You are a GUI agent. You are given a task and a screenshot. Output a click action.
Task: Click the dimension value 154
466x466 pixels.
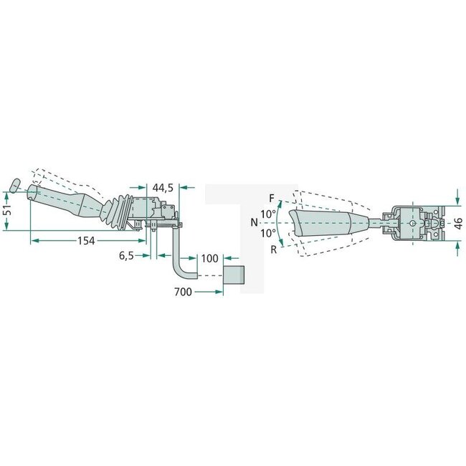click(x=85, y=241)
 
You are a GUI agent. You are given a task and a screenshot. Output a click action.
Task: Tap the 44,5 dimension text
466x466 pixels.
click(x=163, y=188)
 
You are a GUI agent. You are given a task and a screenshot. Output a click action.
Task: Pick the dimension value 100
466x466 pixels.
click(x=210, y=257)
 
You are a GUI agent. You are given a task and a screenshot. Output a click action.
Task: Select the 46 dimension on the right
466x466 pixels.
click(x=458, y=224)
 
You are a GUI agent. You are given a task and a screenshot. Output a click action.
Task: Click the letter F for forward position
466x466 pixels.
click(x=271, y=197)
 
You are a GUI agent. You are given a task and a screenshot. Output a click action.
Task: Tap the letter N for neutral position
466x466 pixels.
click(x=255, y=222)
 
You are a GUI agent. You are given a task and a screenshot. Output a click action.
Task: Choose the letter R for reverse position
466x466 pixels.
click(x=273, y=249)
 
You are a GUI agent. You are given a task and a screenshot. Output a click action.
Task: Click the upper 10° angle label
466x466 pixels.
click(x=267, y=214)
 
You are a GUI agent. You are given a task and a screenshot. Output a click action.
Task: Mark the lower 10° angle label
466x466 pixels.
click(x=267, y=233)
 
